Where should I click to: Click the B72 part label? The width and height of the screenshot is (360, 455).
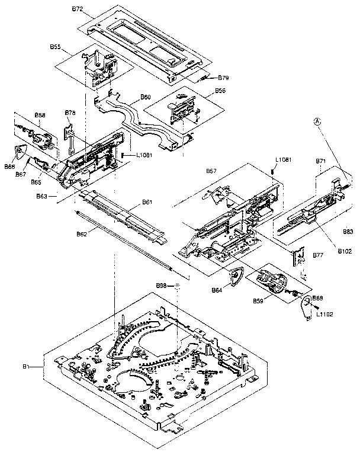click(x=78, y=10)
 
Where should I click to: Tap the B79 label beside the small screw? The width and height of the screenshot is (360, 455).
click(x=223, y=78)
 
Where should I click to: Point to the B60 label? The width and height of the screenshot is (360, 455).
click(x=145, y=97)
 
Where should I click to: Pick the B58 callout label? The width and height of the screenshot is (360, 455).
click(x=40, y=115)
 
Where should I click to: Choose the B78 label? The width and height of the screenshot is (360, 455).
click(x=70, y=113)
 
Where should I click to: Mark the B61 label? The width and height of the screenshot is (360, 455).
click(x=147, y=203)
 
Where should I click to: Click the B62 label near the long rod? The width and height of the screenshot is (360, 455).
click(x=82, y=235)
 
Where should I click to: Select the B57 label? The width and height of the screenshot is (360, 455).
click(x=211, y=171)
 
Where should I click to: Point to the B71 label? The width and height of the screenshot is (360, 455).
click(x=320, y=161)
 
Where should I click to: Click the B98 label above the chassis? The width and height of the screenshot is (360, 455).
click(x=160, y=286)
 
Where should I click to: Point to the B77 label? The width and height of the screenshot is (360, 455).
click(x=317, y=255)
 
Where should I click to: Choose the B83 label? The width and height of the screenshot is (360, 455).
click(x=348, y=232)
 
